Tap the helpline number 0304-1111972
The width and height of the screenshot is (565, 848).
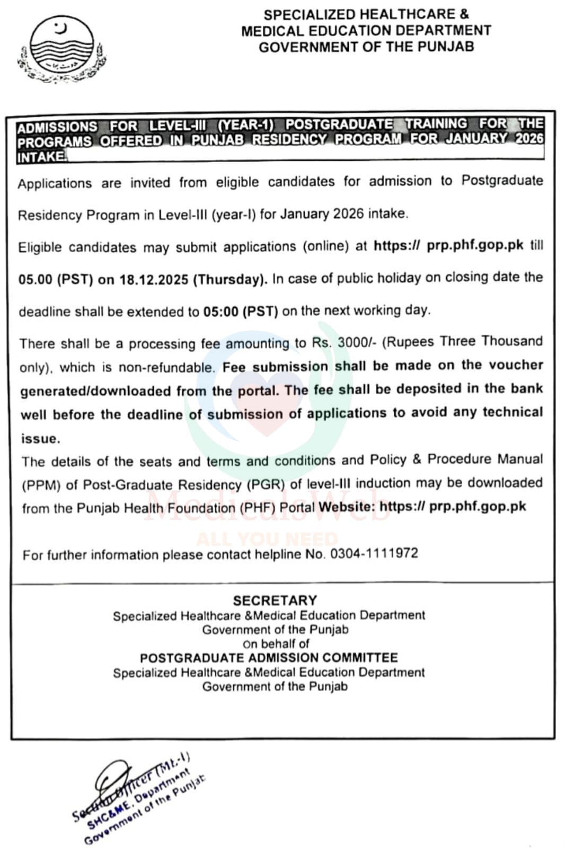pyautogui.click(x=374, y=554)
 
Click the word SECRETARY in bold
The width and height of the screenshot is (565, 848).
pyautogui.click(x=275, y=600)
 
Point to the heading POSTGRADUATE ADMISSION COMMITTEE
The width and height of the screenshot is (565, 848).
pyautogui.click(x=269, y=658)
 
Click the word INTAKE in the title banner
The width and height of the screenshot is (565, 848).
pyautogui.click(x=42, y=157)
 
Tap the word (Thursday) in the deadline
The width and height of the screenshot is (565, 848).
pyautogui.click(x=229, y=279)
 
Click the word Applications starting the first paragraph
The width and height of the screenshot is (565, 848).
pyautogui.click(x=55, y=184)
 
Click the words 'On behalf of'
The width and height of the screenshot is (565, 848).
pyautogui.click(x=276, y=644)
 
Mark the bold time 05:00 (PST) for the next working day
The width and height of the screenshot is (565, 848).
pyautogui.click(x=241, y=312)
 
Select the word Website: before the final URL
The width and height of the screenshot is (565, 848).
pyautogui.click(x=347, y=507)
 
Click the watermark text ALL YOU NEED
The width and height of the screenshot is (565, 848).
pyautogui.click(x=267, y=539)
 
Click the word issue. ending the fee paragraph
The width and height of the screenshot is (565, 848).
pyautogui.click(x=40, y=438)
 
